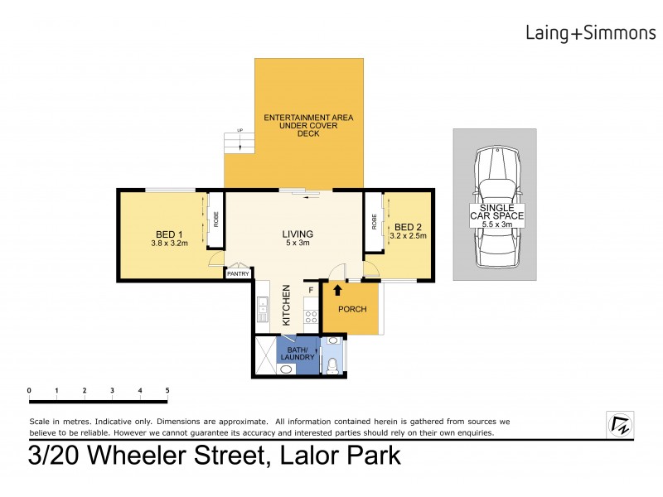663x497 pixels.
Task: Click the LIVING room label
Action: pos(297,234)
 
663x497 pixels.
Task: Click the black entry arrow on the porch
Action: pos(337,290)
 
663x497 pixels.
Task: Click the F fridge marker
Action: pos(311,290)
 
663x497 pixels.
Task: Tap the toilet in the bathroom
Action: pos(333,362)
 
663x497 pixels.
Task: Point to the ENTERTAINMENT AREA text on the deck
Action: pos(308,118)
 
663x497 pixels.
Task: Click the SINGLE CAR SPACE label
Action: pos(495,213)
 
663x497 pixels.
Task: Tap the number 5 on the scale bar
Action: pos(167,390)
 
